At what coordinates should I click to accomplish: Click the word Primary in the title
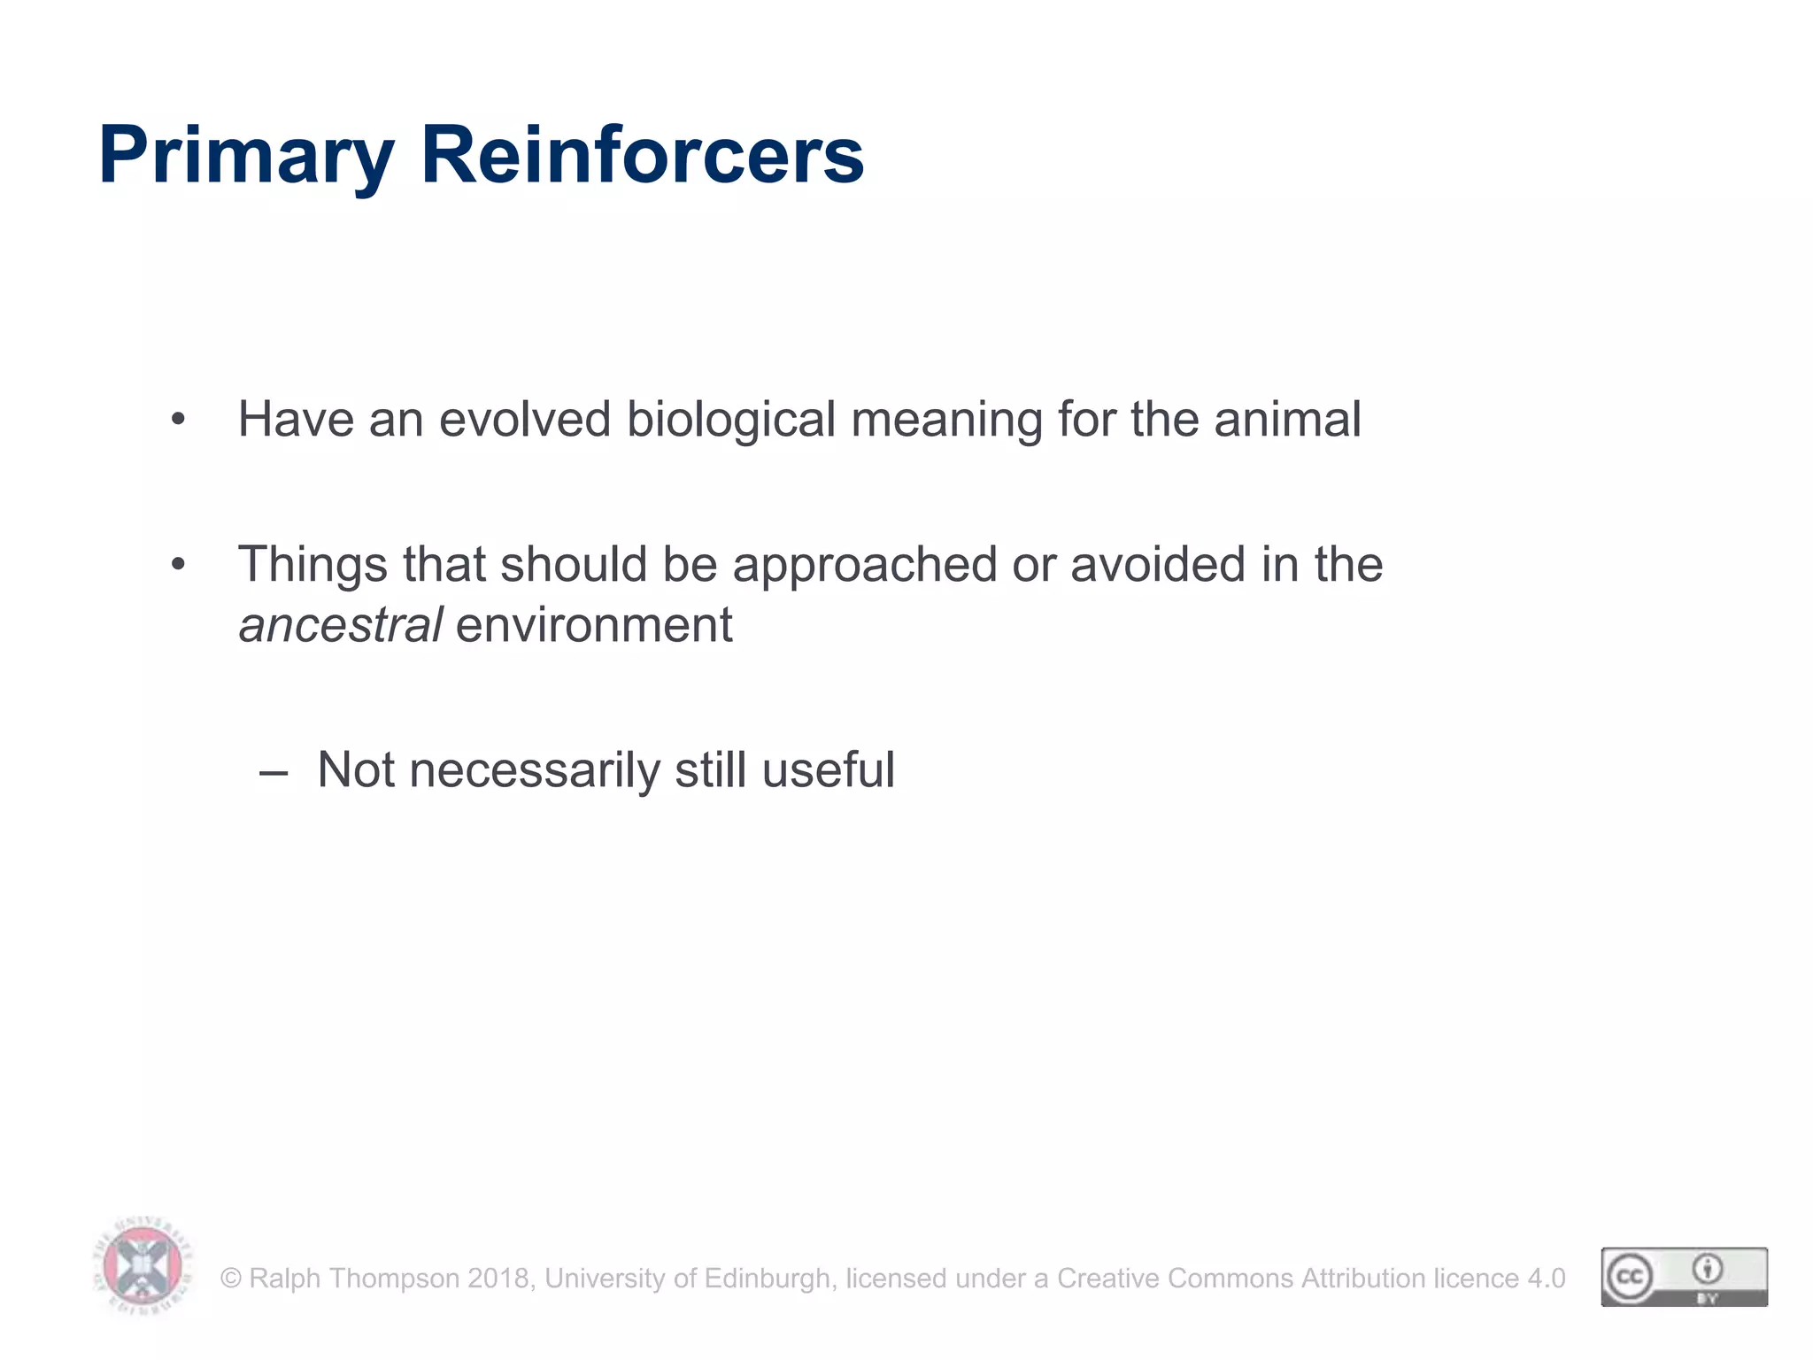(245, 157)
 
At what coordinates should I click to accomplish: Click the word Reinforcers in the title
(642, 155)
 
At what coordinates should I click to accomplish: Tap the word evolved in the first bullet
(524, 419)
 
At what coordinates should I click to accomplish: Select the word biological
(730, 421)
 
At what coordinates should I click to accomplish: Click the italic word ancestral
(340, 625)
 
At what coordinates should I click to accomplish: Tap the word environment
(594, 625)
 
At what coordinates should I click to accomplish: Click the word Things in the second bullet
(312, 566)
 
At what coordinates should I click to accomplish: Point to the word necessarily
(535, 770)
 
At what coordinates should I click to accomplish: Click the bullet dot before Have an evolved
(179, 420)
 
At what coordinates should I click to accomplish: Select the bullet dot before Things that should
(179, 565)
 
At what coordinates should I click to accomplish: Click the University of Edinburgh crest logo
(143, 1265)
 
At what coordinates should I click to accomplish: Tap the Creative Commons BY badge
(1684, 1276)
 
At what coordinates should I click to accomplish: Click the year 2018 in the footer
(498, 1279)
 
